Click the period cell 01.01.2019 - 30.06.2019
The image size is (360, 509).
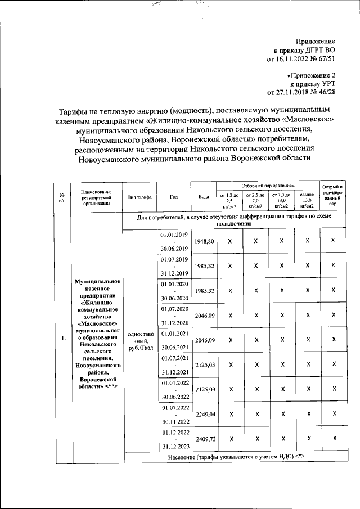[x=174, y=241]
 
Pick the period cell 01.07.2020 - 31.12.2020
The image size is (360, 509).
[x=174, y=316]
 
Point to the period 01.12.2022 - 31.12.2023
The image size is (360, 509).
[x=174, y=439]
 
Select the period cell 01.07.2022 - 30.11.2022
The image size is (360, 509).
[x=174, y=414]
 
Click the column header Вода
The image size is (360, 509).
[x=204, y=197]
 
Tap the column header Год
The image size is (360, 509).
[x=174, y=197]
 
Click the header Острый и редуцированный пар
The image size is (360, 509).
[x=333, y=196]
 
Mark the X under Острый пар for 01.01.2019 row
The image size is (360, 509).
[x=333, y=241]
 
